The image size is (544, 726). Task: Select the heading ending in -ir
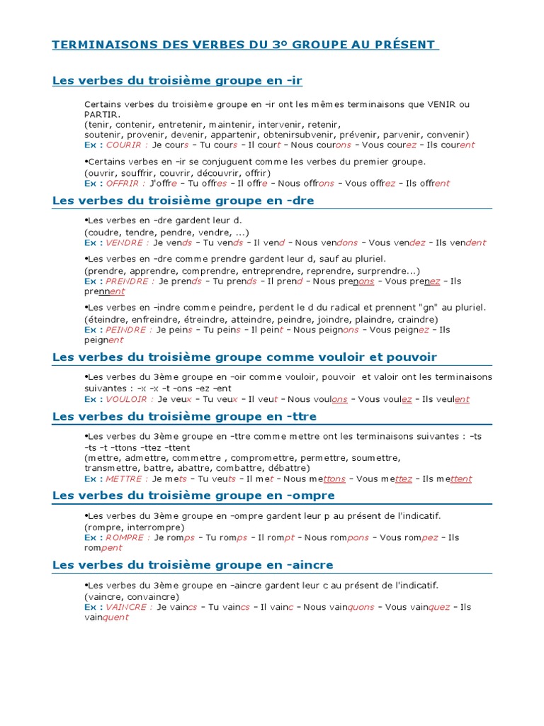pos(177,80)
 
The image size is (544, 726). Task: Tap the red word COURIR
pos(124,145)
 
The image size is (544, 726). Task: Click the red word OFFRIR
pos(123,183)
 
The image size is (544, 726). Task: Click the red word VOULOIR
pos(127,399)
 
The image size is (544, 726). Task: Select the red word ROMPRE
pos(125,537)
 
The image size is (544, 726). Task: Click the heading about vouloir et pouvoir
pos(244,357)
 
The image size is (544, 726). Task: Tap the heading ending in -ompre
pos(193,495)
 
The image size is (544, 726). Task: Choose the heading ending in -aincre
pos(193,564)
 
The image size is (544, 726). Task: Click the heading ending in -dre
pos(183,201)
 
